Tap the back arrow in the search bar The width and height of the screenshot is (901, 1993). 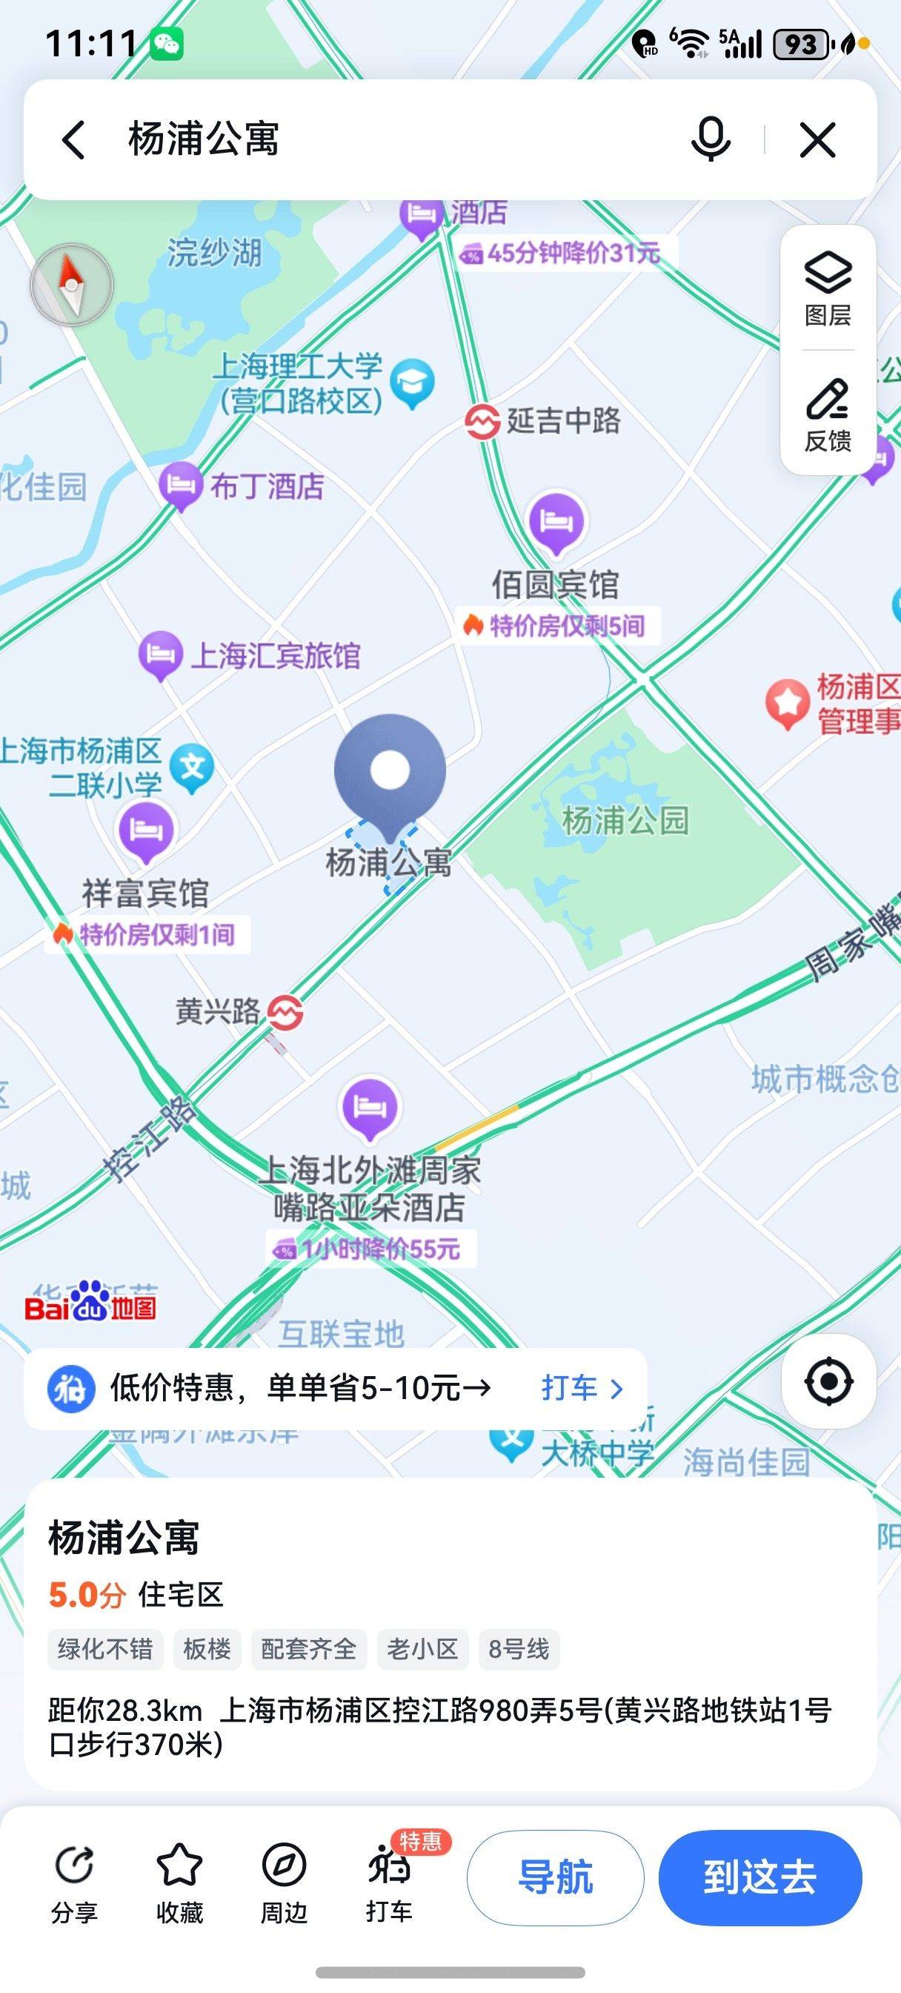click(73, 140)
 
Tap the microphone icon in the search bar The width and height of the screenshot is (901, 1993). click(710, 139)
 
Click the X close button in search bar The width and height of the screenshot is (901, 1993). click(817, 140)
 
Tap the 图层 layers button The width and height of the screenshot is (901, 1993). click(828, 287)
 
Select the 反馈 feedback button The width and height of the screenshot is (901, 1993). click(828, 414)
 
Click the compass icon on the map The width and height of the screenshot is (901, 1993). click(71, 285)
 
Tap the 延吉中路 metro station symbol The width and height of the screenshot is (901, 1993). click(482, 421)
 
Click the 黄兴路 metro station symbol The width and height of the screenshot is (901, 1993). click(285, 1011)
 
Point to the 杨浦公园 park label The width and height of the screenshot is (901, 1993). click(625, 820)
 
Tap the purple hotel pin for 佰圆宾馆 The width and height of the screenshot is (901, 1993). click(556, 521)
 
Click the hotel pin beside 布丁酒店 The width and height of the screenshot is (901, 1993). click(180, 485)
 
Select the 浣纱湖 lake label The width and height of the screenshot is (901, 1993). click(214, 252)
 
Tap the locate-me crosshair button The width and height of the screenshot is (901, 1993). click(828, 1381)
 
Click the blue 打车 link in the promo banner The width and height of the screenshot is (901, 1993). click(581, 1388)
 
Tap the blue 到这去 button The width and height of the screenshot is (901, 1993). click(759, 1877)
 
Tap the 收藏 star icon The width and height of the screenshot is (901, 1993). click(179, 1865)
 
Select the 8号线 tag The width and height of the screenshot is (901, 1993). click(518, 1649)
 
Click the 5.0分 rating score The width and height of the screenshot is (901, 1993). click(87, 1595)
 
